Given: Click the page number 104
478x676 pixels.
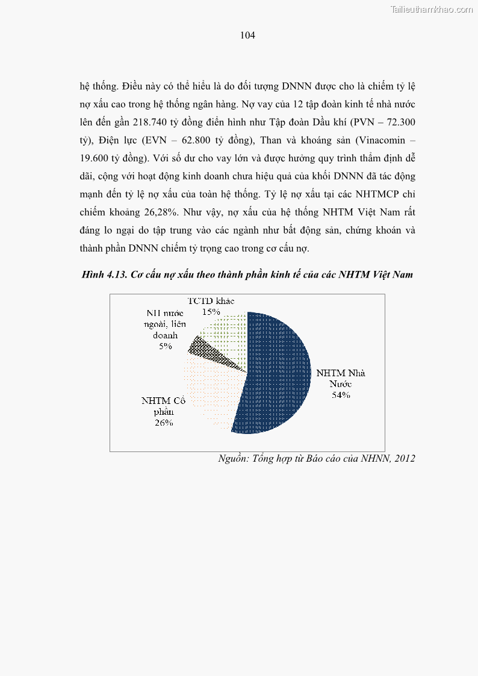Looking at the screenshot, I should click(x=247, y=36).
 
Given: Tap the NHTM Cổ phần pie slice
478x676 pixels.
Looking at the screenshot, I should click(x=211, y=391).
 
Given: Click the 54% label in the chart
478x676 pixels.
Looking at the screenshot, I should click(x=341, y=395).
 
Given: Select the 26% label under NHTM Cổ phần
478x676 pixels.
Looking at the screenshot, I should click(x=164, y=423).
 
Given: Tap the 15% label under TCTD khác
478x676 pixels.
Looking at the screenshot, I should click(x=211, y=312).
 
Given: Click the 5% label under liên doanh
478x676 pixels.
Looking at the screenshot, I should click(x=166, y=347).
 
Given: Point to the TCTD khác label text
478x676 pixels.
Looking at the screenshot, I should click(x=210, y=300).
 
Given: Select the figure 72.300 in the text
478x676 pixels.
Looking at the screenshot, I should click(x=399, y=122).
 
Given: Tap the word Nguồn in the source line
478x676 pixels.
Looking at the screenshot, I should click(x=232, y=459).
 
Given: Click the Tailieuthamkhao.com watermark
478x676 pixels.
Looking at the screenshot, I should click(x=432, y=9).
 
